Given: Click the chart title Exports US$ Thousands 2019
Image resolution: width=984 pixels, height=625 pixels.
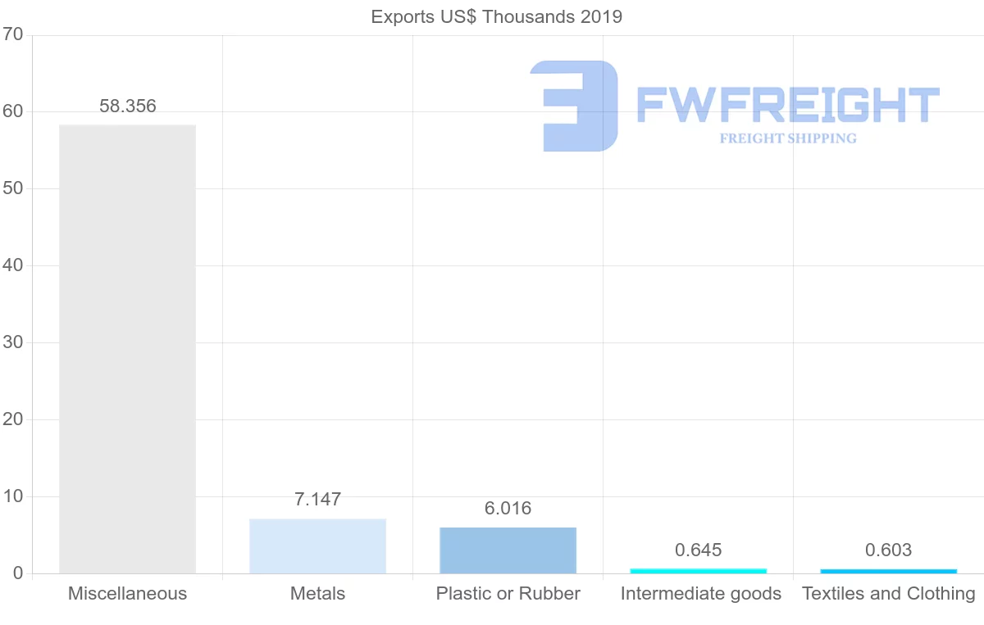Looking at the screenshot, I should click(x=496, y=16).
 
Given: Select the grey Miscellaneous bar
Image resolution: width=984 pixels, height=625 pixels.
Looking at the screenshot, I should click(x=128, y=349).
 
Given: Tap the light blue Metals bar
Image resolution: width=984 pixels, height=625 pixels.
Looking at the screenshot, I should click(x=318, y=546).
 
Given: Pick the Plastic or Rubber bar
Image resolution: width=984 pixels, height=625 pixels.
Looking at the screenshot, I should click(x=508, y=550).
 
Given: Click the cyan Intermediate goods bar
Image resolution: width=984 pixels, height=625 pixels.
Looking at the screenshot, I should click(x=699, y=571).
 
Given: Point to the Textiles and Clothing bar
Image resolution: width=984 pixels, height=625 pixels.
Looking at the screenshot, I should click(x=889, y=571).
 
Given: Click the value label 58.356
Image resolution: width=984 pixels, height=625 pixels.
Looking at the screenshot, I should click(x=128, y=106).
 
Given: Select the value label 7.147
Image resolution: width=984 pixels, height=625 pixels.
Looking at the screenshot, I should click(x=318, y=499).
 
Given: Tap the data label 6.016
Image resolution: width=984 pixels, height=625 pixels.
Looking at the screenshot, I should click(x=508, y=508).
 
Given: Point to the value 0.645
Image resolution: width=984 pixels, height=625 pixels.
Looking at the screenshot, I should click(x=699, y=550).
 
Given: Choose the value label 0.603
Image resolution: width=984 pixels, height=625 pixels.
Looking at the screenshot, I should click(x=889, y=550).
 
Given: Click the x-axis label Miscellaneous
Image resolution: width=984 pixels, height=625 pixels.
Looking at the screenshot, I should click(x=128, y=593).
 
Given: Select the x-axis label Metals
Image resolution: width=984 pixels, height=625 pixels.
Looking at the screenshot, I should click(x=318, y=593).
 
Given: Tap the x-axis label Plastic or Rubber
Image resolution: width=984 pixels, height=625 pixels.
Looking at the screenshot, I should click(x=508, y=593).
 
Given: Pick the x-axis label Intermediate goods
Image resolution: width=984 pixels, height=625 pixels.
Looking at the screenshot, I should click(x=701, y=593).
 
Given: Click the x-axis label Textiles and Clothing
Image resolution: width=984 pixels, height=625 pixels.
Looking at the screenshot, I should click(x=889, y=593).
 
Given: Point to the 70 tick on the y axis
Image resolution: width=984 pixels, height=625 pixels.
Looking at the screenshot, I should click(x=12, y=34).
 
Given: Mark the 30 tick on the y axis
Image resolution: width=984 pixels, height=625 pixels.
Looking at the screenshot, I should click(x=12, y=342).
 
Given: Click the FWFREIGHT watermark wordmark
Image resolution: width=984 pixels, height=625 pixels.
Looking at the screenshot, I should click(x=787, y=105).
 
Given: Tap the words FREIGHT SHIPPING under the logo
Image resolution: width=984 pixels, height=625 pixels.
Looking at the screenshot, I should click(x=788, y=138).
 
